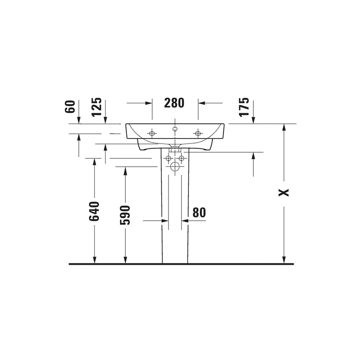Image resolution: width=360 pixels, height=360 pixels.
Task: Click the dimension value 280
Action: pos(174,103)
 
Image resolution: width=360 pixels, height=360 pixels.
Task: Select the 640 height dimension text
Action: pos(94,211)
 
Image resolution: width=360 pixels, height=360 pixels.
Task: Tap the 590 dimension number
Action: pos(125,215)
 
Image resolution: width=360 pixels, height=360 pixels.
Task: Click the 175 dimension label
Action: pos(244,108)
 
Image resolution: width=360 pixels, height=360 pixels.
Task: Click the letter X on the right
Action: pos(284,192)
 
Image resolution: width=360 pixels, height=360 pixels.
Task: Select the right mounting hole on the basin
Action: pos(198,133)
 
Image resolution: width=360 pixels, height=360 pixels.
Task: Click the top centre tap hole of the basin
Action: pos(175,128)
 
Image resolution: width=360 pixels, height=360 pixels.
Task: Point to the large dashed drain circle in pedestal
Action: pos(175,166)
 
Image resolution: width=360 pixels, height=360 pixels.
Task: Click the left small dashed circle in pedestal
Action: pos(169,158)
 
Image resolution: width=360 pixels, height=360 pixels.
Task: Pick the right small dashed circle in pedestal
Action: pos(181,158)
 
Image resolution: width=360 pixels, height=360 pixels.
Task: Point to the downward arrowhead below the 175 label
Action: pos(253,120)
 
